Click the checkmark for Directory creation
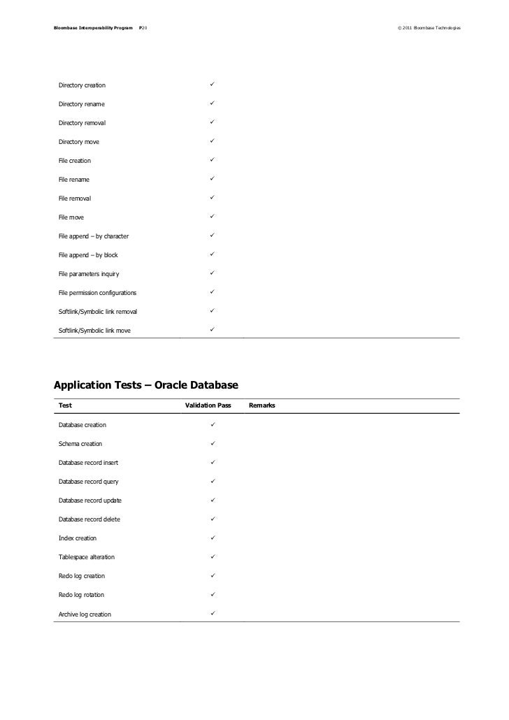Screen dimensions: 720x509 click(x=211, y=85)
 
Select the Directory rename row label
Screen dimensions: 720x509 click(x=82, y=104)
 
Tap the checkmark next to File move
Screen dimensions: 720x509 click(x=211, y=217)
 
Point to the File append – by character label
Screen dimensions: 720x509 click(x=94, y=236)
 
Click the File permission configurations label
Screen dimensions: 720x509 click(x=98, y=293)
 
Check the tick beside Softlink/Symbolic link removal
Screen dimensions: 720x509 click(x=211, y=311)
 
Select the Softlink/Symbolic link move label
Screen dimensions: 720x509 click(x=94, y=331)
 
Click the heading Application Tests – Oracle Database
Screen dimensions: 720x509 click(x=146, y=384)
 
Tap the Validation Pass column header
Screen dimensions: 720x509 click(x=208, y=406)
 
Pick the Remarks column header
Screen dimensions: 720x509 click(x=261, y=406)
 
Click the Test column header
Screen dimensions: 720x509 click(x=65, y=406)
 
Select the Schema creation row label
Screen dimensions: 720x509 click(x=80, y=444)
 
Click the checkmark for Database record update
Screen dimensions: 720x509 click(x=211, y=500)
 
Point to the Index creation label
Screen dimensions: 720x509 click(x=78, y=538)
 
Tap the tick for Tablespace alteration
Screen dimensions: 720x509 click(x=211, y=556)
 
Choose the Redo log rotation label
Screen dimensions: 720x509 click(x=82, y=595)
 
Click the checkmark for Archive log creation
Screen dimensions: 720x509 click(x=211, y=614)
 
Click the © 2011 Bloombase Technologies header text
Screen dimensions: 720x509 click(x=429, y=28)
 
